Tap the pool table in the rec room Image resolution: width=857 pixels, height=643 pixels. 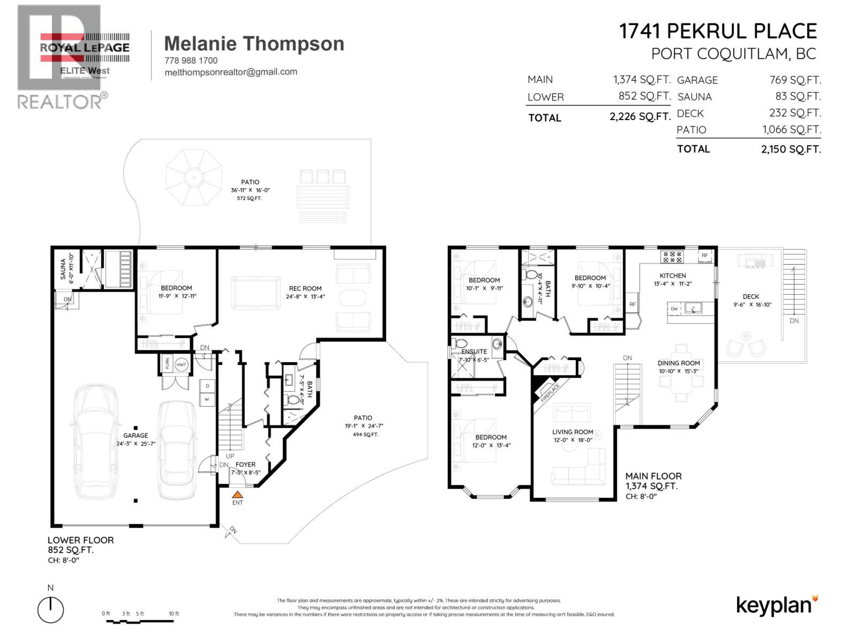pos(255,293)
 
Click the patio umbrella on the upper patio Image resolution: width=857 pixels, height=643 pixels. pos(193,177)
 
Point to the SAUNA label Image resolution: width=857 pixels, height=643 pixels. pos(63,268)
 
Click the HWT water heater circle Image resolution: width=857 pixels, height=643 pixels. pos(181,364)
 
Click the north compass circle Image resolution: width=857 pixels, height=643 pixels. pos(50,610)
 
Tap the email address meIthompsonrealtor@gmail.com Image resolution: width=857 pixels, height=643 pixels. pos(231,72)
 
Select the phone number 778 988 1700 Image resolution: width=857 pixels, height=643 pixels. pos(191,61)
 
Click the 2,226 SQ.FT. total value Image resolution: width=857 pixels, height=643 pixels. pos(640,117)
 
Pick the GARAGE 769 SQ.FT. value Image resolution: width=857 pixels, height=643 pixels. pos(795,80)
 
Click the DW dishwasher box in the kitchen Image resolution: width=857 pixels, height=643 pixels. pos(674,309)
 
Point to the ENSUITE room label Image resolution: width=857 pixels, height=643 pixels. pos(474,352)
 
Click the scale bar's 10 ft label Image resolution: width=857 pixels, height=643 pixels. pos(174,614)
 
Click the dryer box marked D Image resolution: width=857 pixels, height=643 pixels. pos(207,386)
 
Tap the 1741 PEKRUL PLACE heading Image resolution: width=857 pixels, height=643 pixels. pos(718,31)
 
